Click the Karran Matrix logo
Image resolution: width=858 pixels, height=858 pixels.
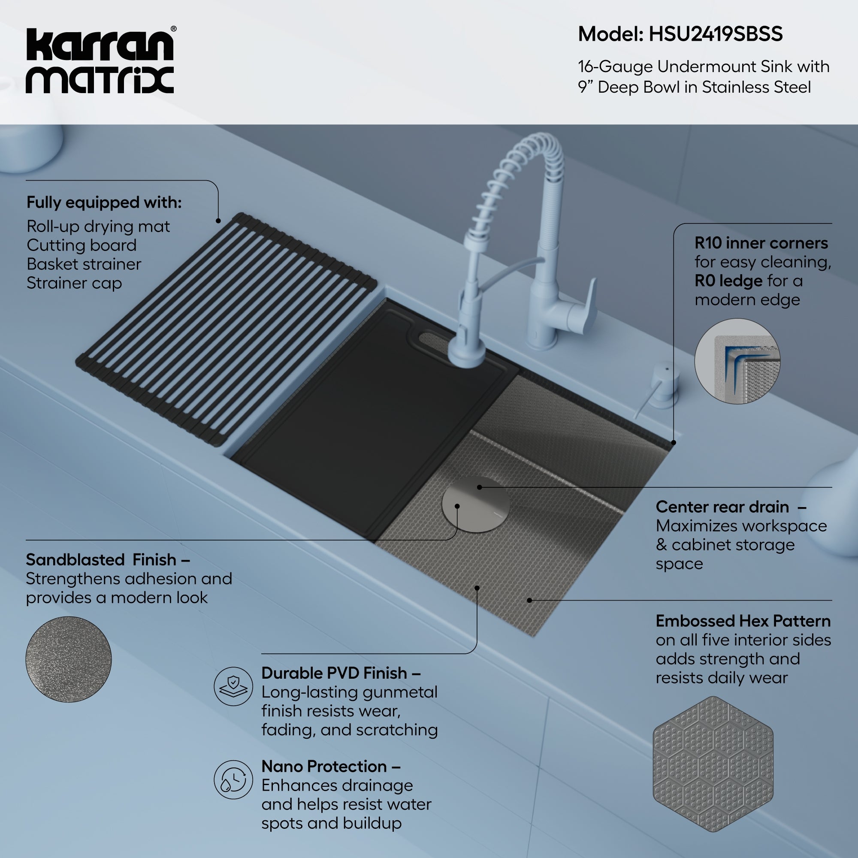coord(100,61)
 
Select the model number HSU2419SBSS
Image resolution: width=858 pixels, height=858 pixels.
coord(716,34)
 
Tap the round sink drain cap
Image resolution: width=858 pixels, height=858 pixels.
coord(475,505)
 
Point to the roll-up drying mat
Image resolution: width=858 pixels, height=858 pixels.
coord(227,329)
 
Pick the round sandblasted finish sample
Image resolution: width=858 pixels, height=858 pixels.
coord(68,659)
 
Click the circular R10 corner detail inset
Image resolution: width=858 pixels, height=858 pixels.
coord(737,361)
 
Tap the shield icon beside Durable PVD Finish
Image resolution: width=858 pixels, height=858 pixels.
coord(233,686)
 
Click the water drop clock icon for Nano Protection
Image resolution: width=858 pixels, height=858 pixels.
coord(233,779)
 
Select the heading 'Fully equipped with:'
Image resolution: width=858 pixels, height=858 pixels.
coord(104,202)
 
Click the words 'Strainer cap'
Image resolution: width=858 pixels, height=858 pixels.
coord(74,283)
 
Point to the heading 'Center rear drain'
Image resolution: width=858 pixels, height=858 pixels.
coord(722,507)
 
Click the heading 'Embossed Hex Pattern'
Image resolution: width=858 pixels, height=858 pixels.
coord(743,621)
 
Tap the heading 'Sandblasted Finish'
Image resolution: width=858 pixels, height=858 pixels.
coord(101,559)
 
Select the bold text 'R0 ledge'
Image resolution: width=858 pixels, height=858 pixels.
coord(728,281)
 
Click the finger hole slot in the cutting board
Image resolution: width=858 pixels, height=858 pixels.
coord(438,339)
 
